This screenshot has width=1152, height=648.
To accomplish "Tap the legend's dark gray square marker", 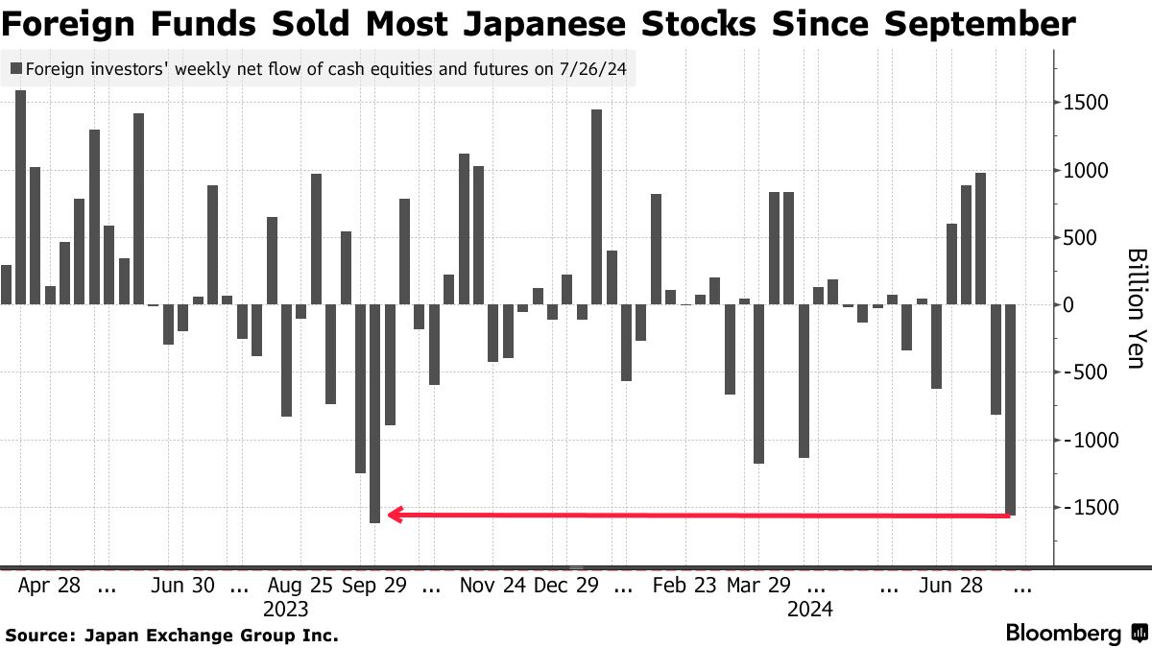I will (x=16, y=69).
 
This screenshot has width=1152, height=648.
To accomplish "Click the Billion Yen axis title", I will (x=1136, y=305).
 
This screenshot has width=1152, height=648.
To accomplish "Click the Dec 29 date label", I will (x=566, y=586).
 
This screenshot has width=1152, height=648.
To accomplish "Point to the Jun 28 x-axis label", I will (x=950, y=586).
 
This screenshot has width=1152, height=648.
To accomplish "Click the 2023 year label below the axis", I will (x=285, y=610).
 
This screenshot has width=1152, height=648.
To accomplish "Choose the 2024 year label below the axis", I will (x=809, y=610).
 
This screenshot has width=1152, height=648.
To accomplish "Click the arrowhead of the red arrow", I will (x=395, y=515).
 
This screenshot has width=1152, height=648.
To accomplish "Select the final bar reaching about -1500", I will (x=1011, y=410).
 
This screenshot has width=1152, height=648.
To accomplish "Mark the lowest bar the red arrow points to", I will (x=374, y=413).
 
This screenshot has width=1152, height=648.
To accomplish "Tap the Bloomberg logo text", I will (x=1063, y=634).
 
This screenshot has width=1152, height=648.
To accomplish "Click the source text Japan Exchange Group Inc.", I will (x=211, y=635).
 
